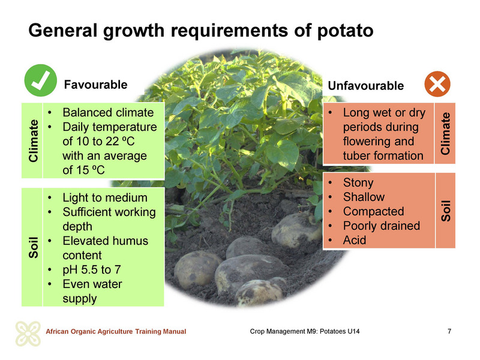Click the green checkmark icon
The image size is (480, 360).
[x=40, y=80]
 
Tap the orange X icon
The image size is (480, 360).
[x=437, y=84]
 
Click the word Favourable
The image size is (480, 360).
[x=95, y=85]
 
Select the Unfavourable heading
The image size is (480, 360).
[x=366, y=86]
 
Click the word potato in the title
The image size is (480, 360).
[x=345, y=31]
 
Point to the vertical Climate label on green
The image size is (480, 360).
[x=33, y=140]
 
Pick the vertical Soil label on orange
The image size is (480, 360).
[x=445, y=211]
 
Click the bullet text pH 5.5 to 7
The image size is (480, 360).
[x=92, y=269]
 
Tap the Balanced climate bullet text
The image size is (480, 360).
[x=108, y=112]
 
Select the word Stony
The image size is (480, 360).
[x=358, y=182]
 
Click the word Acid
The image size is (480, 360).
[x=355, y=240]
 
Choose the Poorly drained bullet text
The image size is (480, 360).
[x=382, y=226]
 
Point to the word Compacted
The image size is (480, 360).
[x=373, y=211]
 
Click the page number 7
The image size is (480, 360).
[x=449, y=331]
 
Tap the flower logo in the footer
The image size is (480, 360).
[x=28, y=334]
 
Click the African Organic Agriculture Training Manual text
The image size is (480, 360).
[x=116, y=331]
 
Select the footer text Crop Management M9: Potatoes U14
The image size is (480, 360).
[x=305, y=331]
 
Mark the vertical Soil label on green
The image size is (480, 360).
[x=33, y=247]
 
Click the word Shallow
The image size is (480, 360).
[x=364, y=197]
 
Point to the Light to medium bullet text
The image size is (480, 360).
[x=105, y=198]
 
